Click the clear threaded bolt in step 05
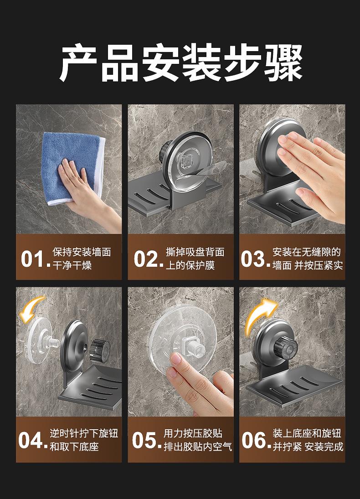[194, 347]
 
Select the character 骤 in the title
[283, 63]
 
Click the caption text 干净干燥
[72, 265]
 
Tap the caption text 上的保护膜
[190, 265]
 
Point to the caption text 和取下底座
[74, 447]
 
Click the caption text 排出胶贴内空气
[198, 447]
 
